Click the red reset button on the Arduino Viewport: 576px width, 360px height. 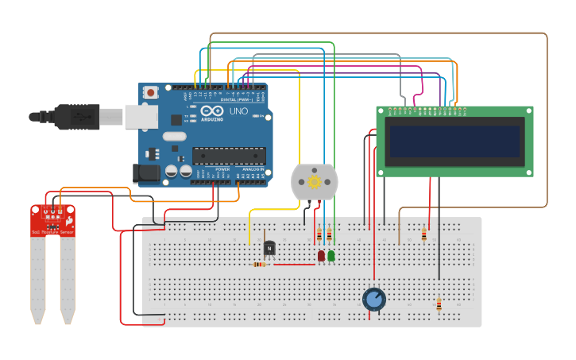coord(150,94)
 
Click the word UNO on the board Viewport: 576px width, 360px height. coord(238,112)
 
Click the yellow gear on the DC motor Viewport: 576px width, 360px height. coord(315,181)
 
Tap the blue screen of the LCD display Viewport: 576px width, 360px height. coord(454,141)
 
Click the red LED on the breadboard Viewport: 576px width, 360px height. coord(321,256)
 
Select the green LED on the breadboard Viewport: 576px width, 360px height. coord(331,256)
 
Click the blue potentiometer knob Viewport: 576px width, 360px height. coord(374,300)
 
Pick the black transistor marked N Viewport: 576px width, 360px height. coord(269,249)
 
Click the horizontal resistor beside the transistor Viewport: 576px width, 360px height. coord(259,265)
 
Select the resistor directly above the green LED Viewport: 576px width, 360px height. coord(330,234)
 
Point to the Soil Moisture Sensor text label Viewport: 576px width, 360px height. coord(52,231)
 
